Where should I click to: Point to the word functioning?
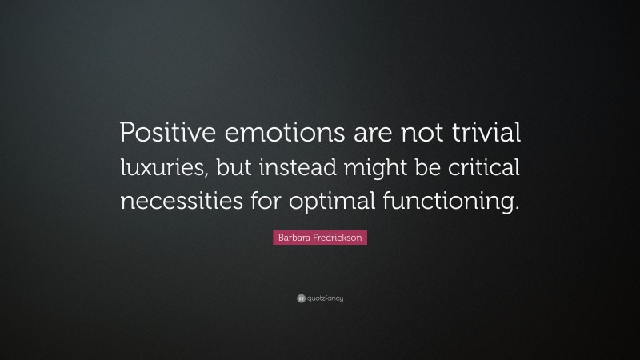[442, 202]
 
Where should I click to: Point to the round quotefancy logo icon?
[301, 298]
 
